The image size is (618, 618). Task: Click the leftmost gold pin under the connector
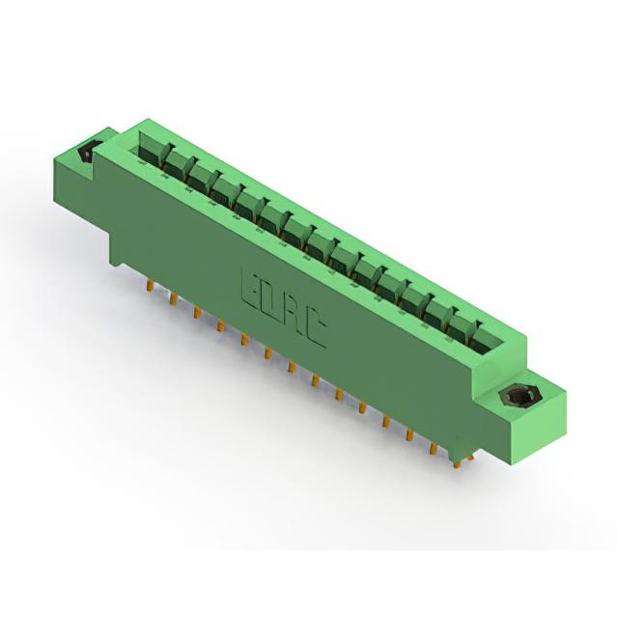[x=150, y=285]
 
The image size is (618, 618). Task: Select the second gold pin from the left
[x=173, y=299]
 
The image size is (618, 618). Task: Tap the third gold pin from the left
[x=197, y=313]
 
